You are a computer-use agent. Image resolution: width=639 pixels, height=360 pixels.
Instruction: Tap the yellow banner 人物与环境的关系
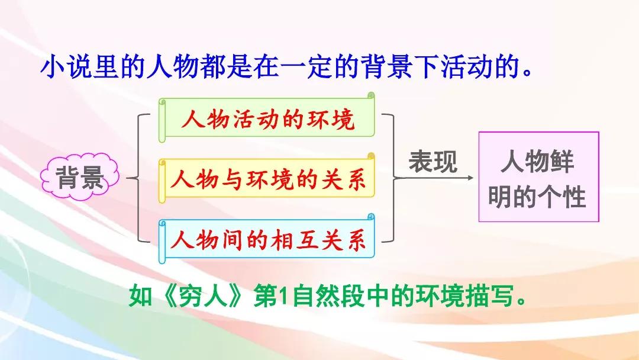click(x=266, y=178)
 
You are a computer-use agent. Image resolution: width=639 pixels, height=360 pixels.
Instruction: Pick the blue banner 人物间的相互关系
click(x=266, y=239)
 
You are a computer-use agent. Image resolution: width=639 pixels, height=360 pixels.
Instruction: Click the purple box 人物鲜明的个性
click(x=538, y=176)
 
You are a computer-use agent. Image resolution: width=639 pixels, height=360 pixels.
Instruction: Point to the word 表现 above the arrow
click(x=433, y=162)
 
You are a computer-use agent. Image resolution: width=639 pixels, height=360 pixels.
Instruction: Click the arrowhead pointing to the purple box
click(x=470, y=178)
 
